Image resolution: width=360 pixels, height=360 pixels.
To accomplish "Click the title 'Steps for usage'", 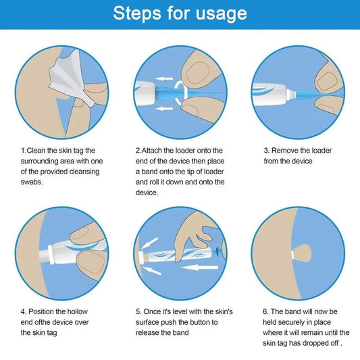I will [x=180, y=14].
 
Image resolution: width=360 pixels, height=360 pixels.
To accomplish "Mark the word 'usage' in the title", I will [x=217, y=14].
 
